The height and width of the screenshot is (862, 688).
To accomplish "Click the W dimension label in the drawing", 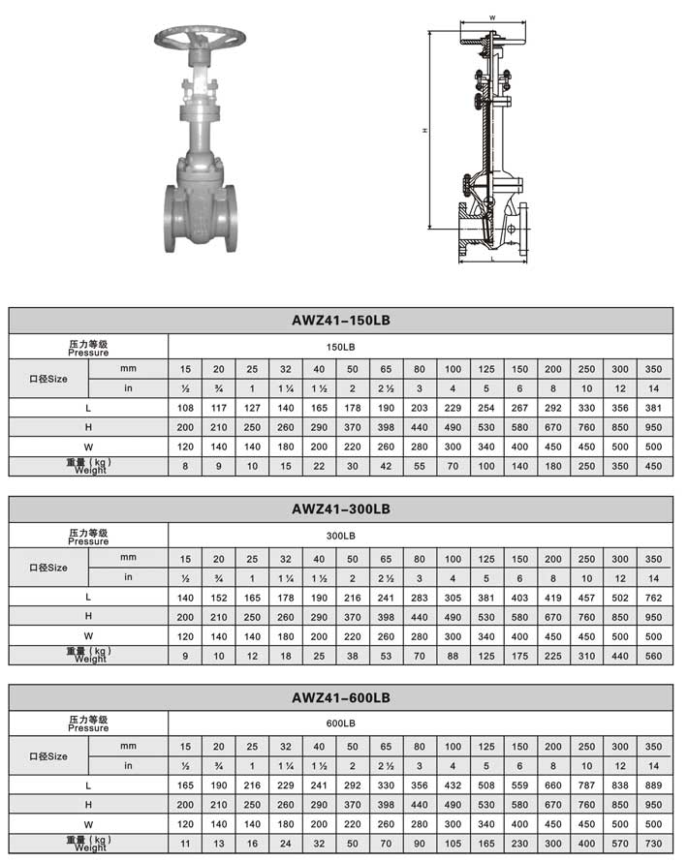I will pos(492,17).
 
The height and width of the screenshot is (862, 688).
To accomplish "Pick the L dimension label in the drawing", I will pos(492,260).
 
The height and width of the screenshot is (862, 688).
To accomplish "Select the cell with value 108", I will pos(185,408).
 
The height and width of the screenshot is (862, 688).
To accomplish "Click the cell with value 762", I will pos(653,597).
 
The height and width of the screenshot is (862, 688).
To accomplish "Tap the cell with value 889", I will pos(653,785).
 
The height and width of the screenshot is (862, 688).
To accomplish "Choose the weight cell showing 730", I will pos(653,844).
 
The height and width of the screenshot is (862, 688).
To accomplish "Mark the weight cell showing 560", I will pos(653,655).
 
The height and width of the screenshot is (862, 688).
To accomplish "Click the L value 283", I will pos(420,597).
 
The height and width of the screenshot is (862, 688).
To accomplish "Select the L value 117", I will pos(219,408).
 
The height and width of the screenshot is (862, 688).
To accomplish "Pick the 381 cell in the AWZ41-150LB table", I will pos(653,408).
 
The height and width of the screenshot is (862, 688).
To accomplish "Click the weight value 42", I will pos(386,466).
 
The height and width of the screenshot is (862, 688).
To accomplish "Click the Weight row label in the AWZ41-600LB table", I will pos(89,844).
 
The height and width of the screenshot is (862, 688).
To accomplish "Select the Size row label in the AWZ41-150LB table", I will pos(48,378).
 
